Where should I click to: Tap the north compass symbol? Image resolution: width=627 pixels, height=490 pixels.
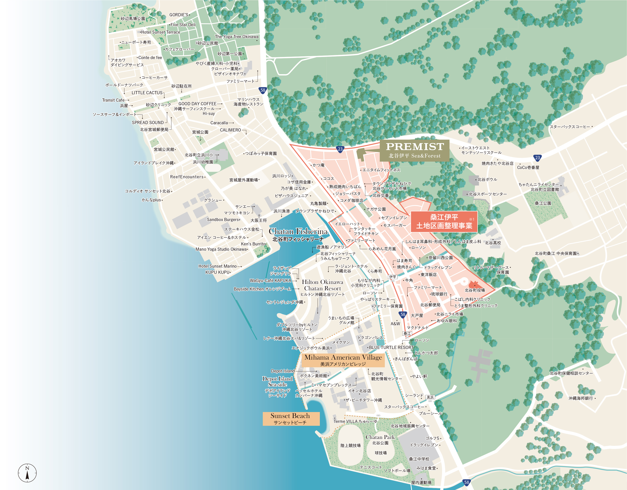[x=27, y=473]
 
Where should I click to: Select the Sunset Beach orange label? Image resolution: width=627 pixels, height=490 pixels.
[x=291, y=418]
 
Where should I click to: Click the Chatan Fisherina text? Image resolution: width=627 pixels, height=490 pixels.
[x=298, y=231]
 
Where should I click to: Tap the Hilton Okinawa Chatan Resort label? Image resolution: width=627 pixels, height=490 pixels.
[x=322, y=285]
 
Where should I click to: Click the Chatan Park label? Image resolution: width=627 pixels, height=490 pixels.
[x=380, y=437]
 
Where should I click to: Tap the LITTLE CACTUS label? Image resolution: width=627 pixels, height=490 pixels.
[x=147, y=93]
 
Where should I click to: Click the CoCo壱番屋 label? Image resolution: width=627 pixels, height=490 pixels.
[x=528, y=167]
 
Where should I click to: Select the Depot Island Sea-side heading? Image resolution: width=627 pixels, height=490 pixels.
[x=277, y=381]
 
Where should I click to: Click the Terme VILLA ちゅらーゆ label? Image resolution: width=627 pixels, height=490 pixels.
[x=355, y=421]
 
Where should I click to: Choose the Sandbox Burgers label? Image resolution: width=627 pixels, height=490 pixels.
[x=223, y=220]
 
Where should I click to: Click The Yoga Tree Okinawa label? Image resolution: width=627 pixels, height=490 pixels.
[x=236, y=37]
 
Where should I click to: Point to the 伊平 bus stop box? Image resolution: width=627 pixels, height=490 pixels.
[x=393, y=277]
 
